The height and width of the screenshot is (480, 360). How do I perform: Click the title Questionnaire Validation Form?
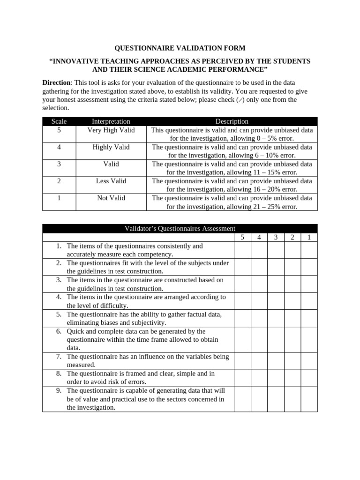180,48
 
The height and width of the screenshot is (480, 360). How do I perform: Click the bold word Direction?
56,82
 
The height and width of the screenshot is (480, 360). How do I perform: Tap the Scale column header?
59,121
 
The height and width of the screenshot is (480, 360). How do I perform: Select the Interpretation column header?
111,121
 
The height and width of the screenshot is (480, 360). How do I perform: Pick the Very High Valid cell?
111,130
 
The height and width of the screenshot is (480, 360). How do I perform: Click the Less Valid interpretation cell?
111,181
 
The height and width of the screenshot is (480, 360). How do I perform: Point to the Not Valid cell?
111,198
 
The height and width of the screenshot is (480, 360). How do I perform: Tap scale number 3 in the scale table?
59,164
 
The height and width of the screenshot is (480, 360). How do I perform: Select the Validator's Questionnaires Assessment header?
180,228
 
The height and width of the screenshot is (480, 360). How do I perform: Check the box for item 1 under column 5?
242,250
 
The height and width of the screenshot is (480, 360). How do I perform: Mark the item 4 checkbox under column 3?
276,301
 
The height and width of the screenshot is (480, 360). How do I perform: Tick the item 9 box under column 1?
309,399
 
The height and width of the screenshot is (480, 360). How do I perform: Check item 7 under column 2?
292,360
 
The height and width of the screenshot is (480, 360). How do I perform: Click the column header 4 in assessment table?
259,237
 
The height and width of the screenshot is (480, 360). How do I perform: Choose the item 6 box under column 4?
259,339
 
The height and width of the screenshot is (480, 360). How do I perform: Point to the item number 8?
59,374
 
